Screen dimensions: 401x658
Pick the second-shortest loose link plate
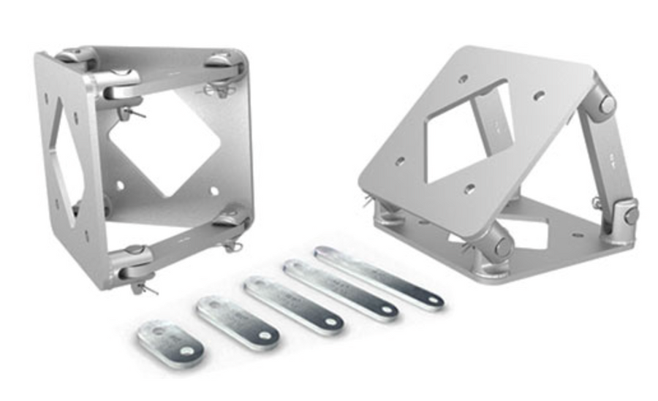[237, 322]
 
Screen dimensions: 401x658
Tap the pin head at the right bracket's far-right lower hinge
[630, 215]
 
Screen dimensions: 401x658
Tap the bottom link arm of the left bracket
[183, 238]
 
